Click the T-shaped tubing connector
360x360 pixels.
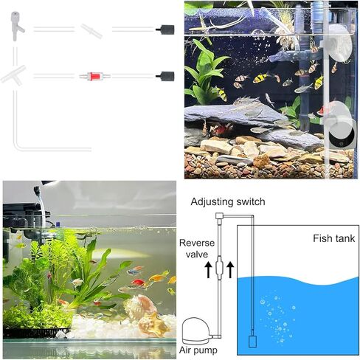[x=13, y=75]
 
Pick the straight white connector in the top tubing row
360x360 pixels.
[x=91, y=31]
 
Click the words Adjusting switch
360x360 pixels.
[x=228, y=202]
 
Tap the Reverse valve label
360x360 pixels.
[x=197, y=249]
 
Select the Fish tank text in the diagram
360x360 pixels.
[x=334, y=238]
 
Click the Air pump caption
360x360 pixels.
[x=198, y=350]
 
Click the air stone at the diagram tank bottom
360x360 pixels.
[x=252, y=342]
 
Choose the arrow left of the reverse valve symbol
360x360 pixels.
[x=209, y=270]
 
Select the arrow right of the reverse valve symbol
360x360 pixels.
[x=230, y=270]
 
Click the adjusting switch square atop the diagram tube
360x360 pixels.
[x=219, y=216]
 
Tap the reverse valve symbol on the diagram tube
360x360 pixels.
[x=219, y=269]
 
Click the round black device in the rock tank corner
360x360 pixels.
[x=342, y=134]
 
